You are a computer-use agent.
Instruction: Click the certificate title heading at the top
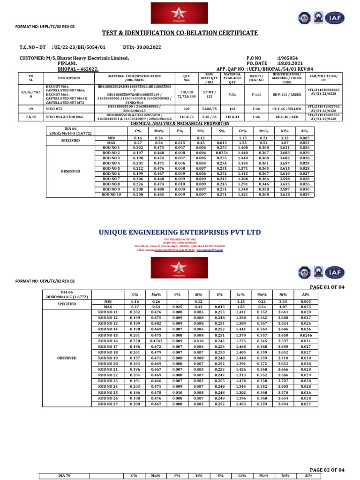point(180,33)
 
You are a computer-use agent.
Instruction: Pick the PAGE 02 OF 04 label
point(328,470)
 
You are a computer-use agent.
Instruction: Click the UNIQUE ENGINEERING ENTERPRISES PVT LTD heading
point(180,232)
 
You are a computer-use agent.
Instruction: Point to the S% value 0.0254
point(222,153)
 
